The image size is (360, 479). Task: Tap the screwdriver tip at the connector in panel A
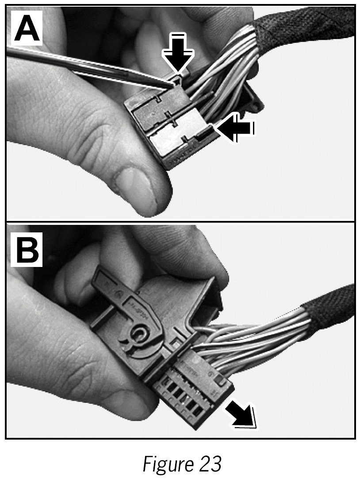pyautogui.click(x=173, y=80)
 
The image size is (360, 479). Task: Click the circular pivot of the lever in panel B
pyautogui.click(x=141, y=333)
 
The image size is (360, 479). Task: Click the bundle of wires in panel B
pyautogui.click(x=257, y=336)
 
